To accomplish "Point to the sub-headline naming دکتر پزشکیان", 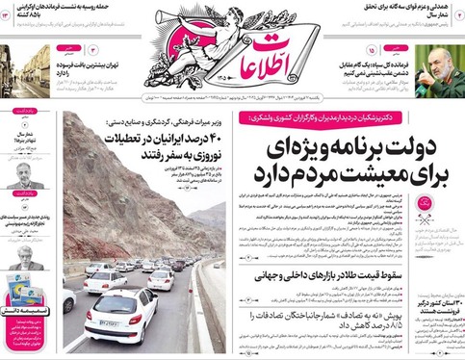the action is [x=336, y=120].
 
